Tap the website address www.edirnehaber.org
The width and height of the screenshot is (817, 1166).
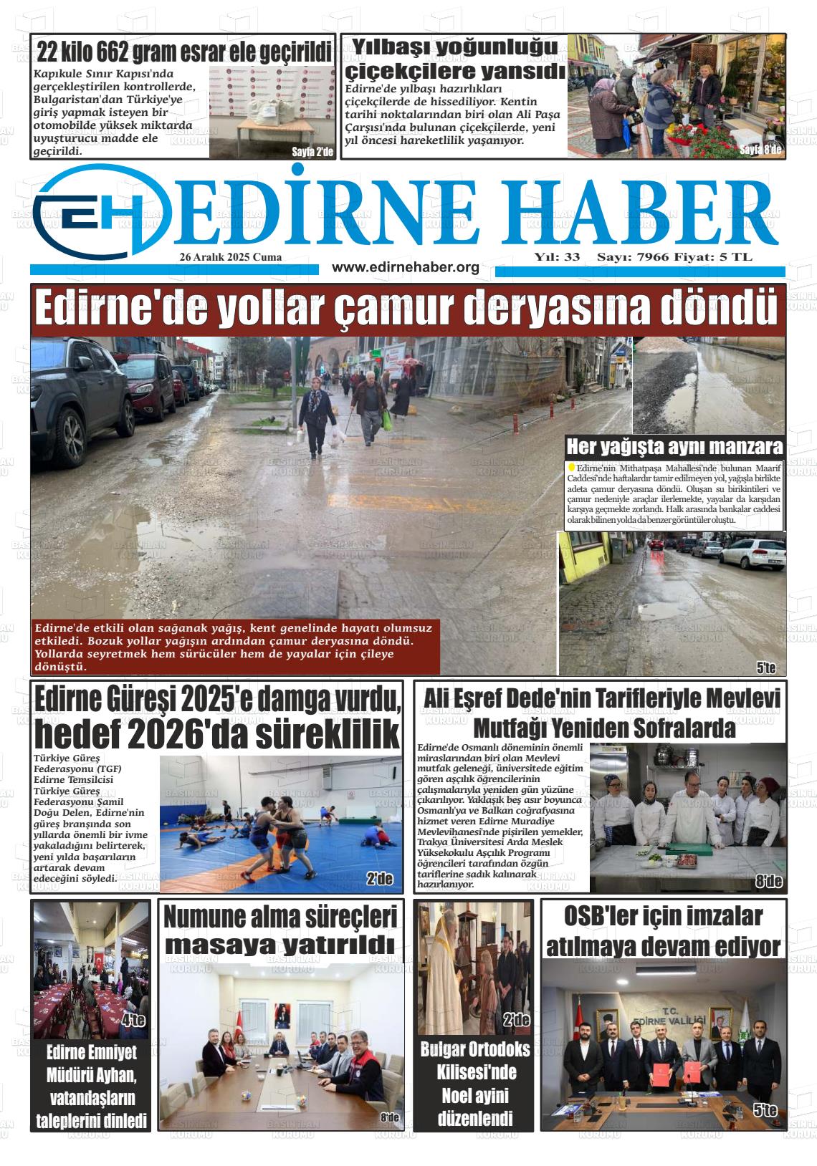[x=405, y=267]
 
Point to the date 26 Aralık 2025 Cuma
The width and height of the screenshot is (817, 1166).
[x=231, y=257]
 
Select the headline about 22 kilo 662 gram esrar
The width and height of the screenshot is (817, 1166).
[x=183, y=52]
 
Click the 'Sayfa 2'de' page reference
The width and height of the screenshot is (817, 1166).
[x=312, y=152]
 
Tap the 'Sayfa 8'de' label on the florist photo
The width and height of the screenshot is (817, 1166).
[x=760, y=150]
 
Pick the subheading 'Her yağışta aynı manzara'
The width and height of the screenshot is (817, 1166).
[x=674, y=448]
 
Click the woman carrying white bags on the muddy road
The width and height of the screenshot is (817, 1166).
[x=316, y=419]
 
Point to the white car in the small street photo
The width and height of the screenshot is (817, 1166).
[x=756, y=553]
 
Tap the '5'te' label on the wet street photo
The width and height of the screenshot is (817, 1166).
[x=766, y=668]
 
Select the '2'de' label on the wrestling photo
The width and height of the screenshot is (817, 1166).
[x=379, y=879]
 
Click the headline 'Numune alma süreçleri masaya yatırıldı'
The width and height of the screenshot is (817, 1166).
[x=280, y=930]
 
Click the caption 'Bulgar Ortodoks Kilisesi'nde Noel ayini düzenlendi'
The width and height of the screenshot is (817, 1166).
[x=475, y=1084]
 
